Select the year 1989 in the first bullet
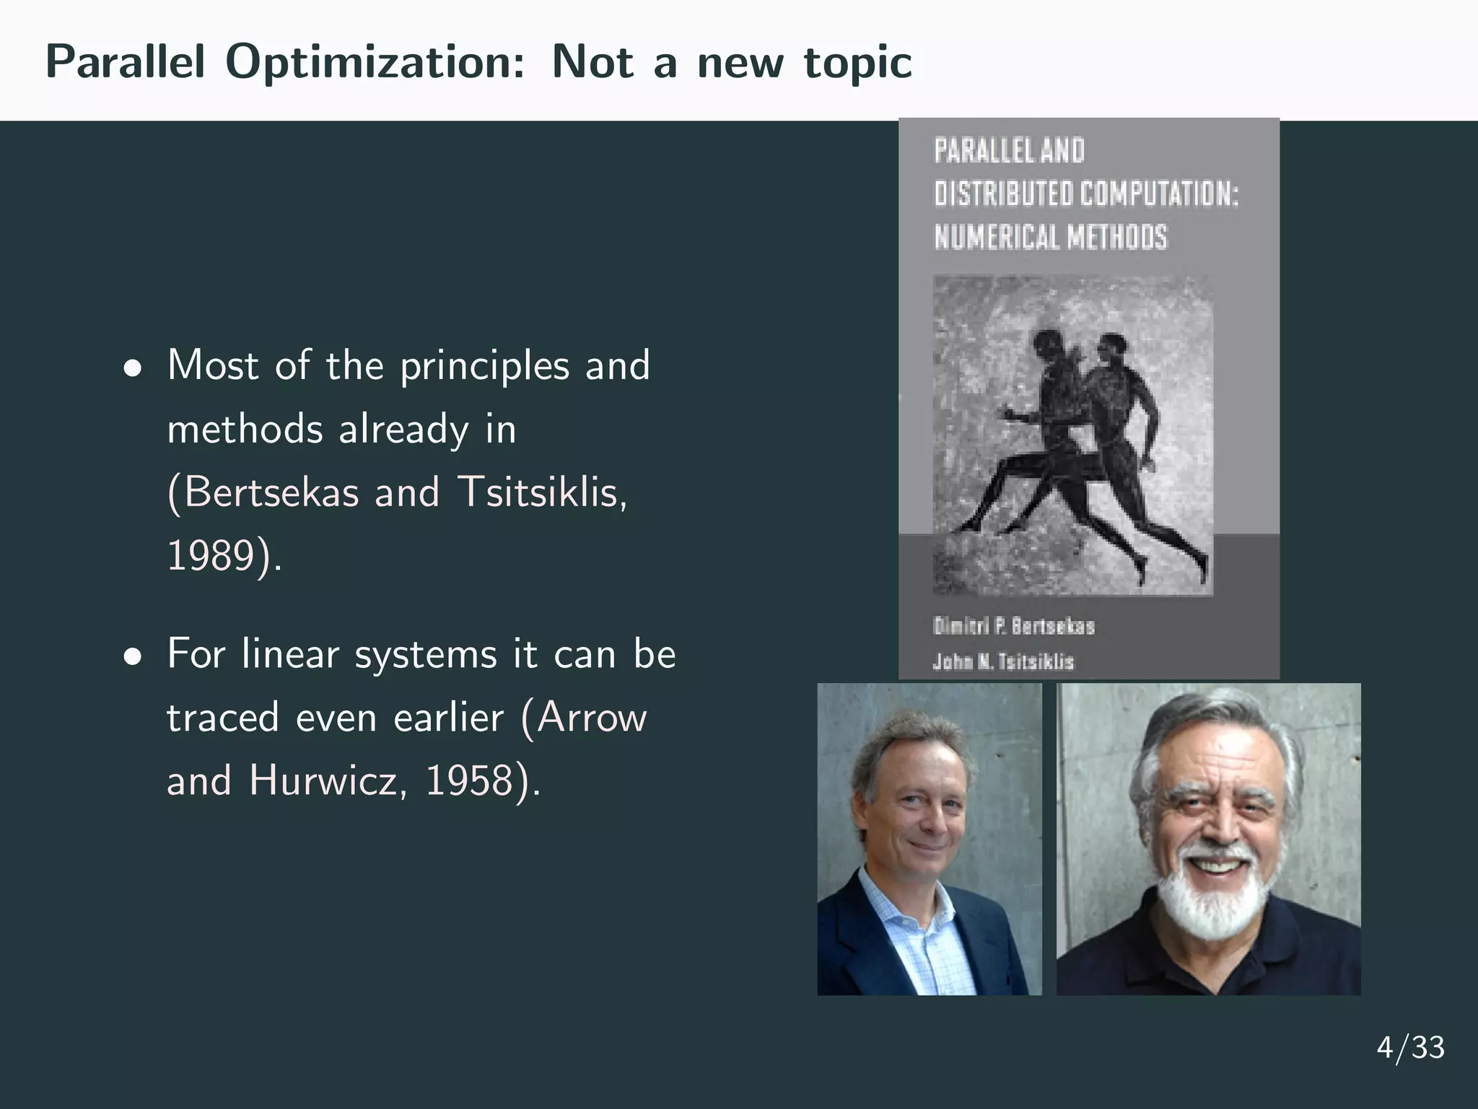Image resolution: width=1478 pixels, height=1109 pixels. click(x=211, y=556)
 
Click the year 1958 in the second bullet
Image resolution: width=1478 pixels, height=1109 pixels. click(x=469, y=781)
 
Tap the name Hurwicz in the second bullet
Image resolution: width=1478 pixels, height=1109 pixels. click(x=322, y=781)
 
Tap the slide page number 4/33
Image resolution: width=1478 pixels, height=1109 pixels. click(x=1410, y=1048)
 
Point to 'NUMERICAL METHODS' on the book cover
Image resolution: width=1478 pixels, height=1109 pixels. click(x=1050, y=237)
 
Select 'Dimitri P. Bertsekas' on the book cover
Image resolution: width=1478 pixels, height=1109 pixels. click(x=1013, y=626)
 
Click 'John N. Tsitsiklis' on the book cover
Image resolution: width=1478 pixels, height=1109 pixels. click(x=1003, y=661)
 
